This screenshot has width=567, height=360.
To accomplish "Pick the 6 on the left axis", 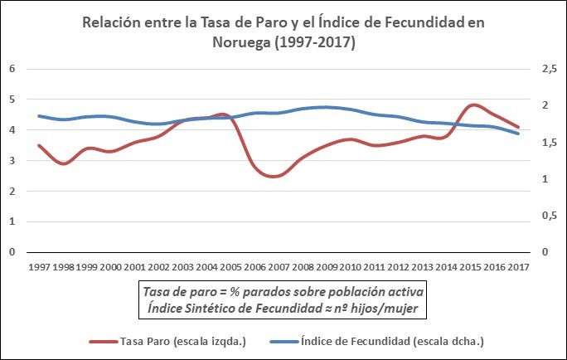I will (x=12, y=69).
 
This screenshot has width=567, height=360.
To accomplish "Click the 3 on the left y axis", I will (x=12, y=161).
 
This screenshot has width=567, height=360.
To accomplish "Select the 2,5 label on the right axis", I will (x=549, y=69).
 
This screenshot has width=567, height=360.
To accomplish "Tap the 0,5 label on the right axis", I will (x=549, y=216).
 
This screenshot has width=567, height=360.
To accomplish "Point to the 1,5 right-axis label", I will (x=549, y=143).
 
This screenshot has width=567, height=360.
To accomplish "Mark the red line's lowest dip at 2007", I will (x=277, y=176).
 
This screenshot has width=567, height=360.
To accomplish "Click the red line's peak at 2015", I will (x=472, y=105).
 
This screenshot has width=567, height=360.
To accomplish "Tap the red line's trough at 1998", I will (x=63, y=163).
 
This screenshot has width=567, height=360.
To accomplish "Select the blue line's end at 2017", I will (x=518, y=134).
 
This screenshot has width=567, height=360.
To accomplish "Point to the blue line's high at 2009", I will (x=326, y=107).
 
